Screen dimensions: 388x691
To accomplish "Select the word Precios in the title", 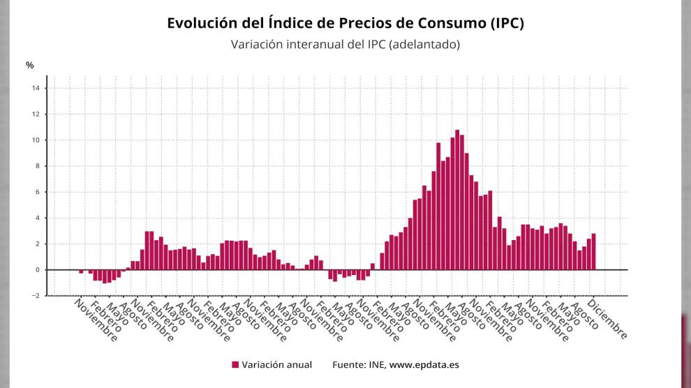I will coord(373,23).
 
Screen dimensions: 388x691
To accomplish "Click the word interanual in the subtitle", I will coord(314,45).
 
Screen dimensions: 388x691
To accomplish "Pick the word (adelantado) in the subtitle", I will coord(424,45).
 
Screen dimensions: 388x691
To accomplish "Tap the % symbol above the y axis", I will coord(30,66).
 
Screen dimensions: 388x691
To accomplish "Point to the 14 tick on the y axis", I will coord(35,88).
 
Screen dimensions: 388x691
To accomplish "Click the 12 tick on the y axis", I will coord(35,114).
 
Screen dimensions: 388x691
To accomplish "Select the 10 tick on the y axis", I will coord(35,140).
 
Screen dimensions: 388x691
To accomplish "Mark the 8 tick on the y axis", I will coord(37,166).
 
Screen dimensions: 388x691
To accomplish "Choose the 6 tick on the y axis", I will coord(37,192).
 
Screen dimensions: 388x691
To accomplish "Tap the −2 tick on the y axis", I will coord(35,296).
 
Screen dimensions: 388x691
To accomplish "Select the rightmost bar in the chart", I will coord(593,251).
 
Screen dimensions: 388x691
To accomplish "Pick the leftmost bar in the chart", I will coord(81,271).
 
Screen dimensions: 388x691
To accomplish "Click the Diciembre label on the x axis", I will coord(607,319).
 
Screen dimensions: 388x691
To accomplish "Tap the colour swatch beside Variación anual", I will coord(235,365).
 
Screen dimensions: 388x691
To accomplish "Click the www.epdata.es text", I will coord(424,365).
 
